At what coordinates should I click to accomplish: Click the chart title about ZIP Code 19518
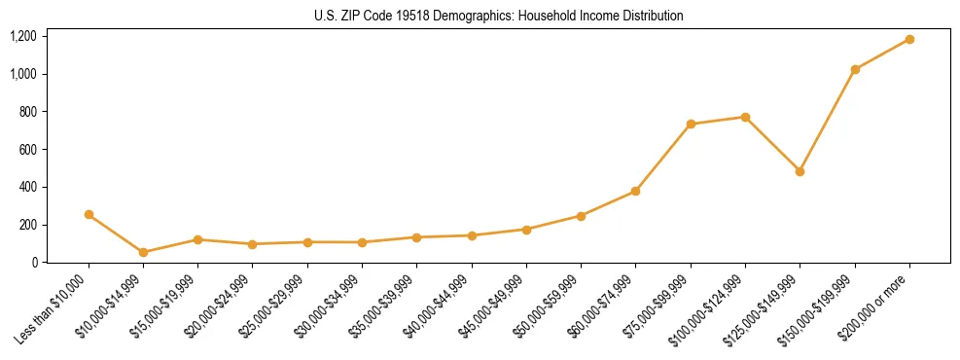499,17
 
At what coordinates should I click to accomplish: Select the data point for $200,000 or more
909,39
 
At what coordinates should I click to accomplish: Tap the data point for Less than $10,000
89,214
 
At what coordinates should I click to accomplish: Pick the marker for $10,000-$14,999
144,252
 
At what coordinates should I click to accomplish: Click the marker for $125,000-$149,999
800,171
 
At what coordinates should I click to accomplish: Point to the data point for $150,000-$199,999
855,69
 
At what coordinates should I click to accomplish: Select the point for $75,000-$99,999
691,124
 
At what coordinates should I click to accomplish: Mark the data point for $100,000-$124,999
745,117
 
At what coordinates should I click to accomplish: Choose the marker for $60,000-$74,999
635,191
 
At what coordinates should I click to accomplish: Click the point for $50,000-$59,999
581,216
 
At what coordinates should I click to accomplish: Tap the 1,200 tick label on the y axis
23,36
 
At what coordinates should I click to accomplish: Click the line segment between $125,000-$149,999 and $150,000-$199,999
828,120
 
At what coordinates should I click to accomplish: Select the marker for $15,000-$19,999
198,239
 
